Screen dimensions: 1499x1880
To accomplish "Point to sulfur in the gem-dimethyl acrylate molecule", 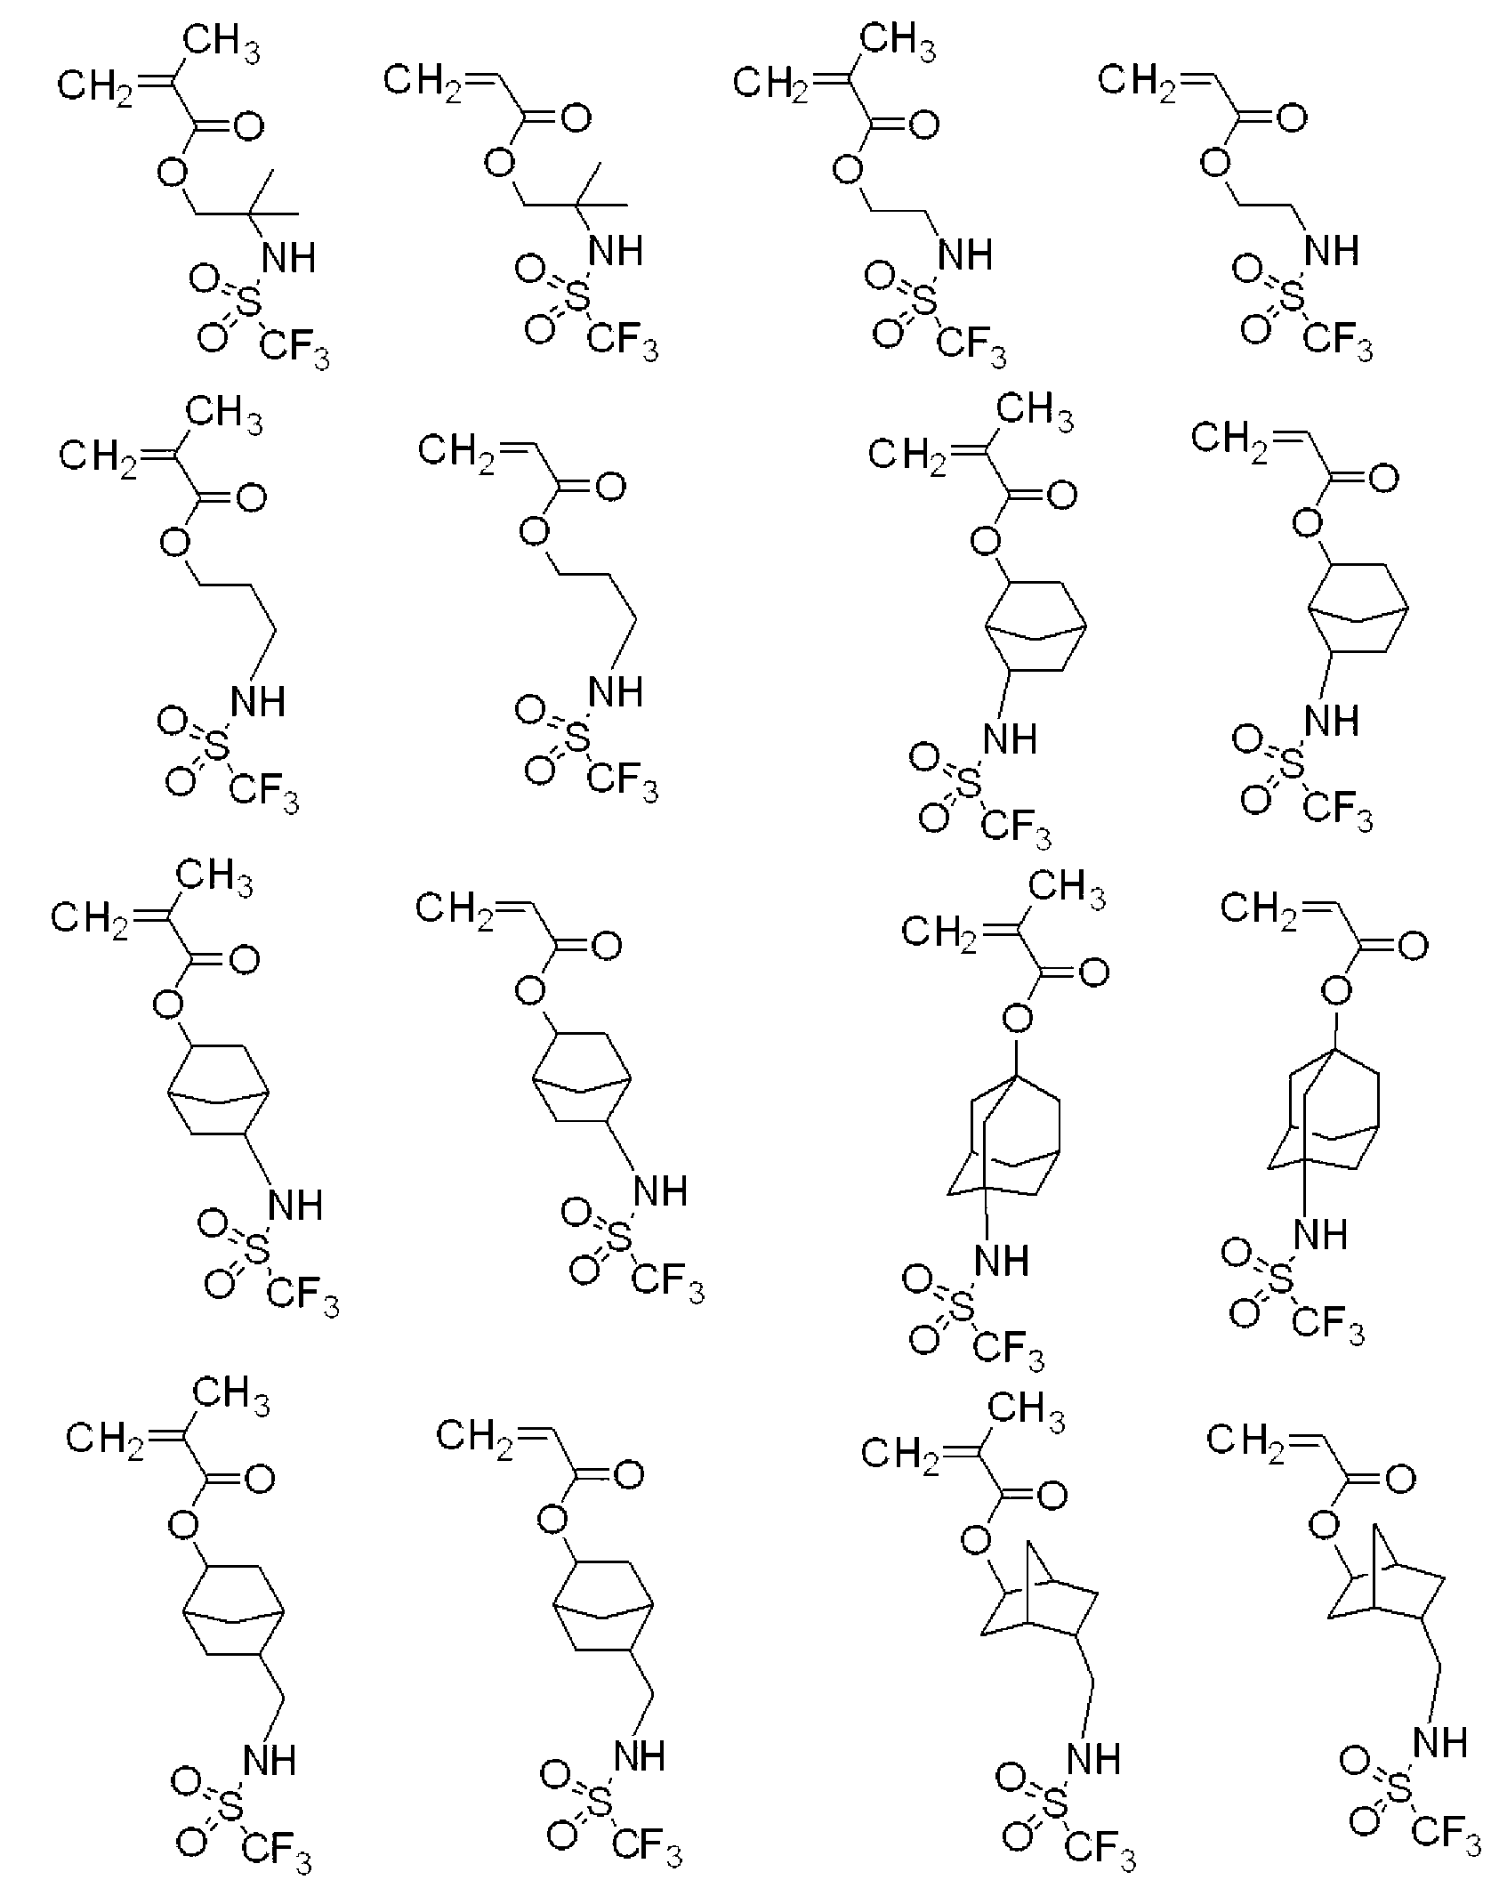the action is click(578, 300).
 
